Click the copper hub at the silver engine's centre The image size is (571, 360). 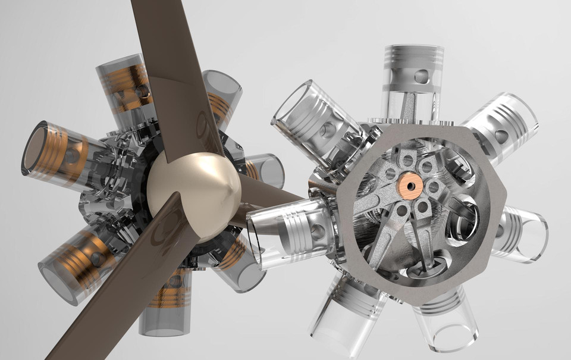(410, 185)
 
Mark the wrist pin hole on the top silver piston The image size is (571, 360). (421, 76)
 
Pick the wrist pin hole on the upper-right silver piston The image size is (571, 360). (501, 136)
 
